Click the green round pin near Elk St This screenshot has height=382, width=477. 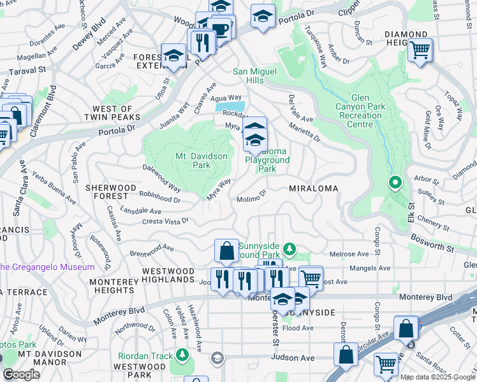(x=395, y=185)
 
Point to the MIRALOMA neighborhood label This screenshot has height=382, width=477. (x=312, y=190)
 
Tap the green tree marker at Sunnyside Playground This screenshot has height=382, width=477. (x=289, y=248)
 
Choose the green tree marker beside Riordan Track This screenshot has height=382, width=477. (x=183, y=353)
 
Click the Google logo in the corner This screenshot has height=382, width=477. (x=21, y=374)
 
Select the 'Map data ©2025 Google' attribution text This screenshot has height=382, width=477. (x=437, y=377)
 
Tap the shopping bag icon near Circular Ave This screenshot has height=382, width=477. (x=406, y=329)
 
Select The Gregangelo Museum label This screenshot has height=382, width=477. (x=46, y=267)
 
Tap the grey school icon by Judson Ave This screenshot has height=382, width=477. (x=218, y=358)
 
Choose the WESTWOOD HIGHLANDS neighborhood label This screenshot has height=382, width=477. (x=168, y=275)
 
